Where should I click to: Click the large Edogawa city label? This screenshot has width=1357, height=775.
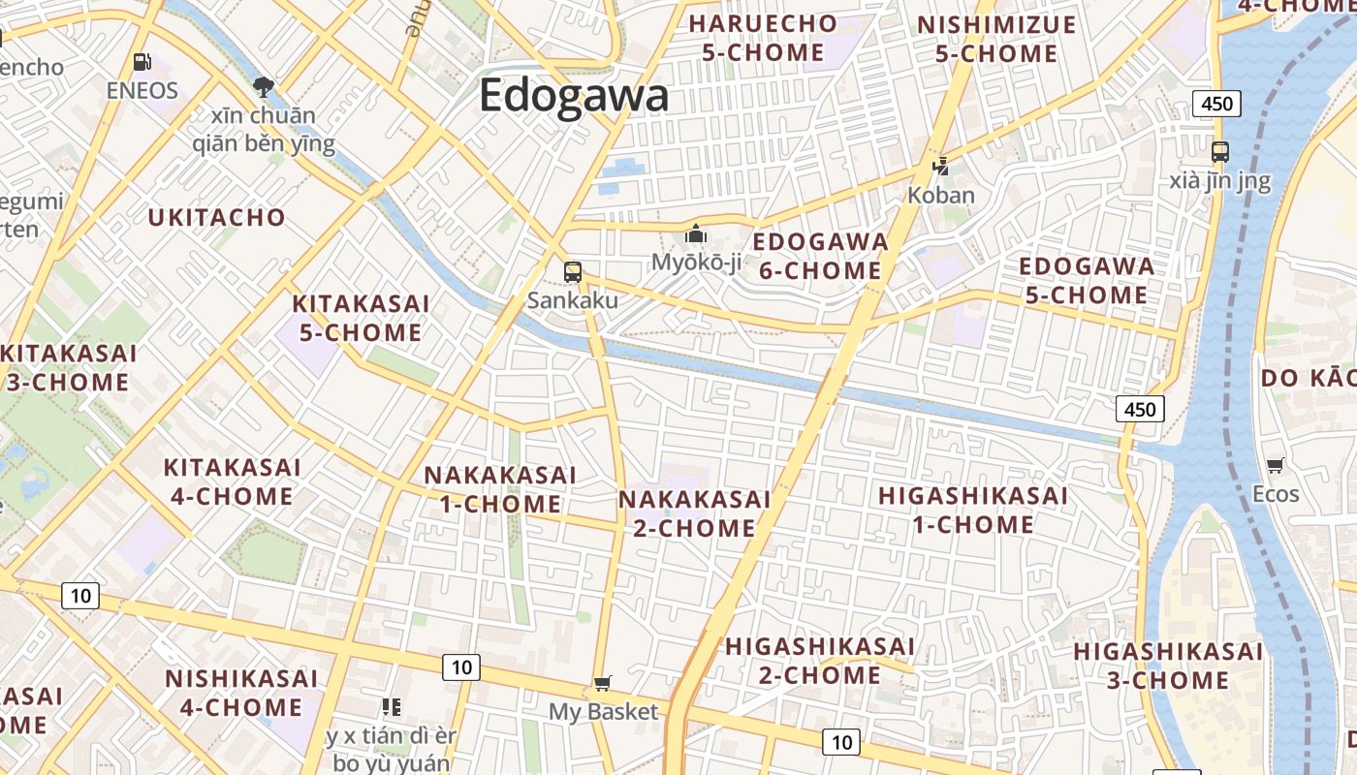pos(574,96)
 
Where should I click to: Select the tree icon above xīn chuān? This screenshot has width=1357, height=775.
pos(263,87)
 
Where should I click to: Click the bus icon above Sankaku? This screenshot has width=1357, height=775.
pos(573,271)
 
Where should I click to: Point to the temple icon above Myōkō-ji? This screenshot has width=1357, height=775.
pos(695,233)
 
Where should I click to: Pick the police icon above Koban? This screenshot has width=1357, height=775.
pos(940,167)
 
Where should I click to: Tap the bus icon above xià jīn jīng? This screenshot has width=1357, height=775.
pos(1219,151)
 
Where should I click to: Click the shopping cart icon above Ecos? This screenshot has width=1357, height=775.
pos(1275,466)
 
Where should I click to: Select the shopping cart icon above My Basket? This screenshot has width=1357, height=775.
pos(603,684)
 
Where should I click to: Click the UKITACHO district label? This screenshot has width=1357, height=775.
pos(217,217)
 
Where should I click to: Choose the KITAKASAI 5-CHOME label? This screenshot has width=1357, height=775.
pos(361,318)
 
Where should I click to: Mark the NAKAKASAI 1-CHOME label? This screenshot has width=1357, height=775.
pos(500,489)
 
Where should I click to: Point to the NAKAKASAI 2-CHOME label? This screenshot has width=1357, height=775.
pos(694,513)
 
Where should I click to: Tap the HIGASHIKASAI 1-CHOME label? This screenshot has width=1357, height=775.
pos(972,510)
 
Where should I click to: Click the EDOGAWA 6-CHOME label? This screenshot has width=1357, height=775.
pos(820,256)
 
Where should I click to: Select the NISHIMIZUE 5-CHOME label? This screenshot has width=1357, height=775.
pos(996,39)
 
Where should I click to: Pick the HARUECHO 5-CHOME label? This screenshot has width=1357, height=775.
pos(763,38)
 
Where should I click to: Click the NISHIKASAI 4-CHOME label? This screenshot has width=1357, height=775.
pos(240,692)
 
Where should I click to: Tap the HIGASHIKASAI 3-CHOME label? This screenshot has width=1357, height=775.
pos(1168,666)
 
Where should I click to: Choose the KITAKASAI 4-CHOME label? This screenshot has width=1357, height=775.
pos(232,481)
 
